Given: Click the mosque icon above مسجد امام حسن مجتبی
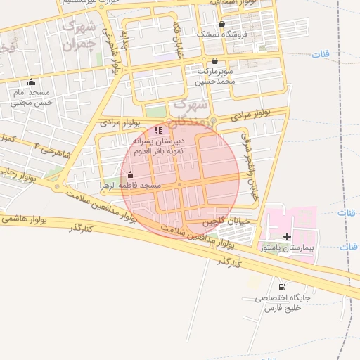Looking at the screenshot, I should tap(31, 82).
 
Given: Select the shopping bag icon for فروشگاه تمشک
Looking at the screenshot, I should tap(221, 24).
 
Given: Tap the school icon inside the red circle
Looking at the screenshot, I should tap(159, 130).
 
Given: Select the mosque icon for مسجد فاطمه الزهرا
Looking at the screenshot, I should tap(130, 175).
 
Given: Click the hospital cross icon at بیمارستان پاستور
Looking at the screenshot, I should tap(287, 236).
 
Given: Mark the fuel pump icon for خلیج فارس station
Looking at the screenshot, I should tap(282, 287).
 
